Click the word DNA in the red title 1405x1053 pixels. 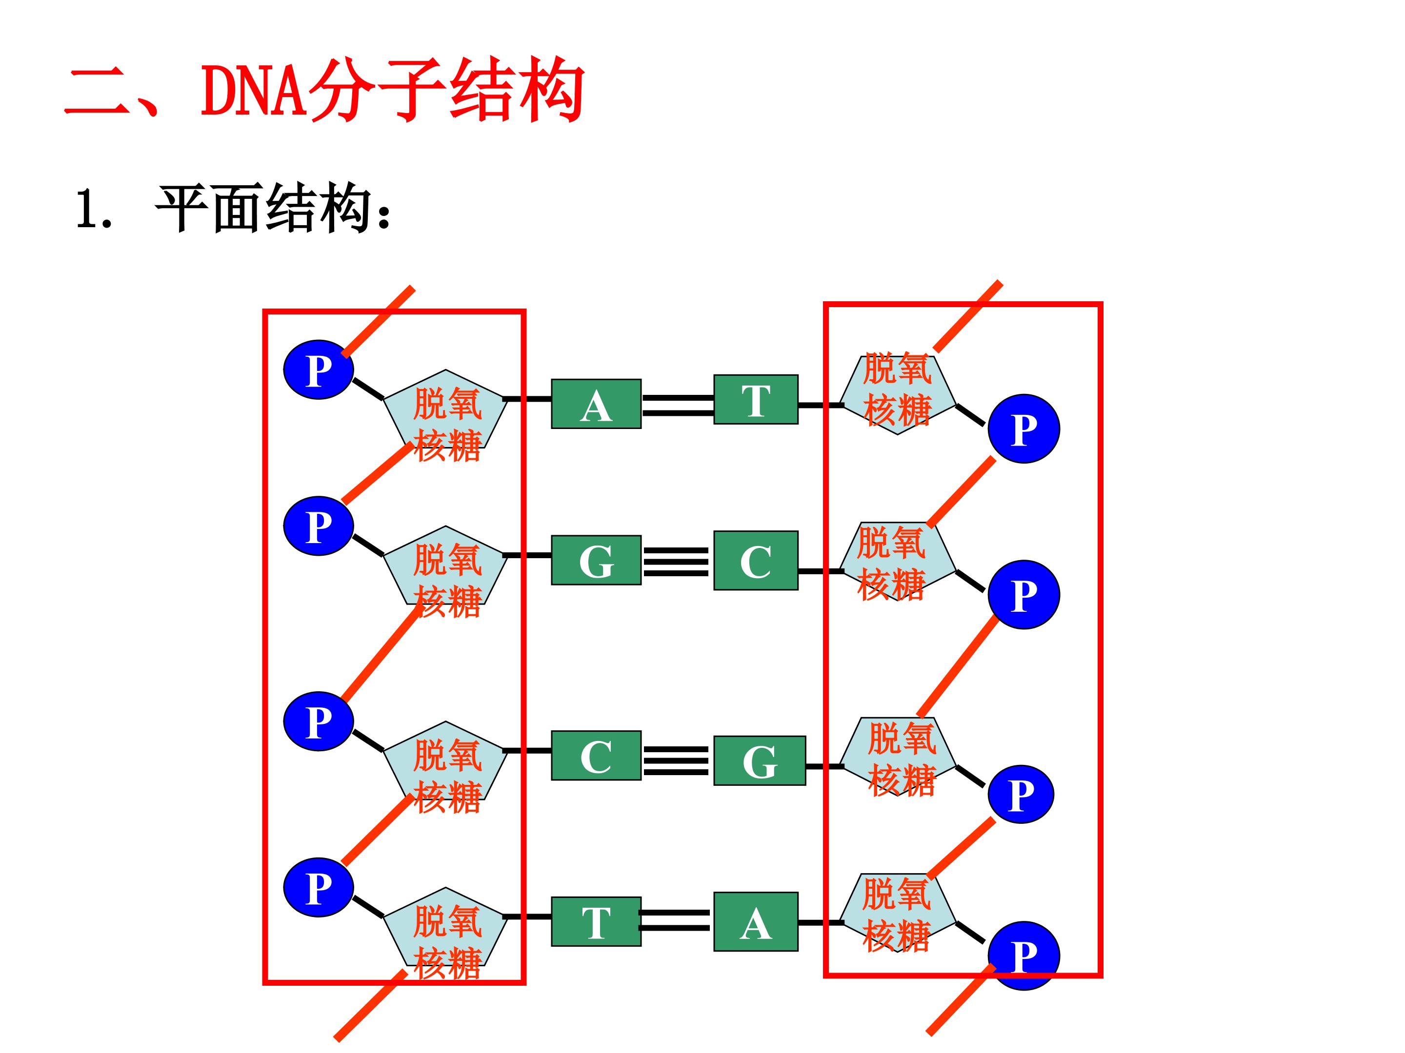point(254,91)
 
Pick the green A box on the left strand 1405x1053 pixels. point(596,404)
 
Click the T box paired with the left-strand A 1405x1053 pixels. point(755,399)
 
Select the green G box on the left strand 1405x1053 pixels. point(596,560)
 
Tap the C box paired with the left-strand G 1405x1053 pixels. point(755,561)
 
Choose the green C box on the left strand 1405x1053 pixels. point(596,755)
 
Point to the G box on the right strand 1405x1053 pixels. point(759,760)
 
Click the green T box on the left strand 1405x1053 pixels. point(596,921)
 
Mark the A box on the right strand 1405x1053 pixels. point(755,921)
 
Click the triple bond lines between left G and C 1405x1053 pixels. point(676,562)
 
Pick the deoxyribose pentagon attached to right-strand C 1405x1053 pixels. point(897,562)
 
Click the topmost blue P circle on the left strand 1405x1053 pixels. point(318,370)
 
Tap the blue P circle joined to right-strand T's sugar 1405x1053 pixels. point(1024,429)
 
